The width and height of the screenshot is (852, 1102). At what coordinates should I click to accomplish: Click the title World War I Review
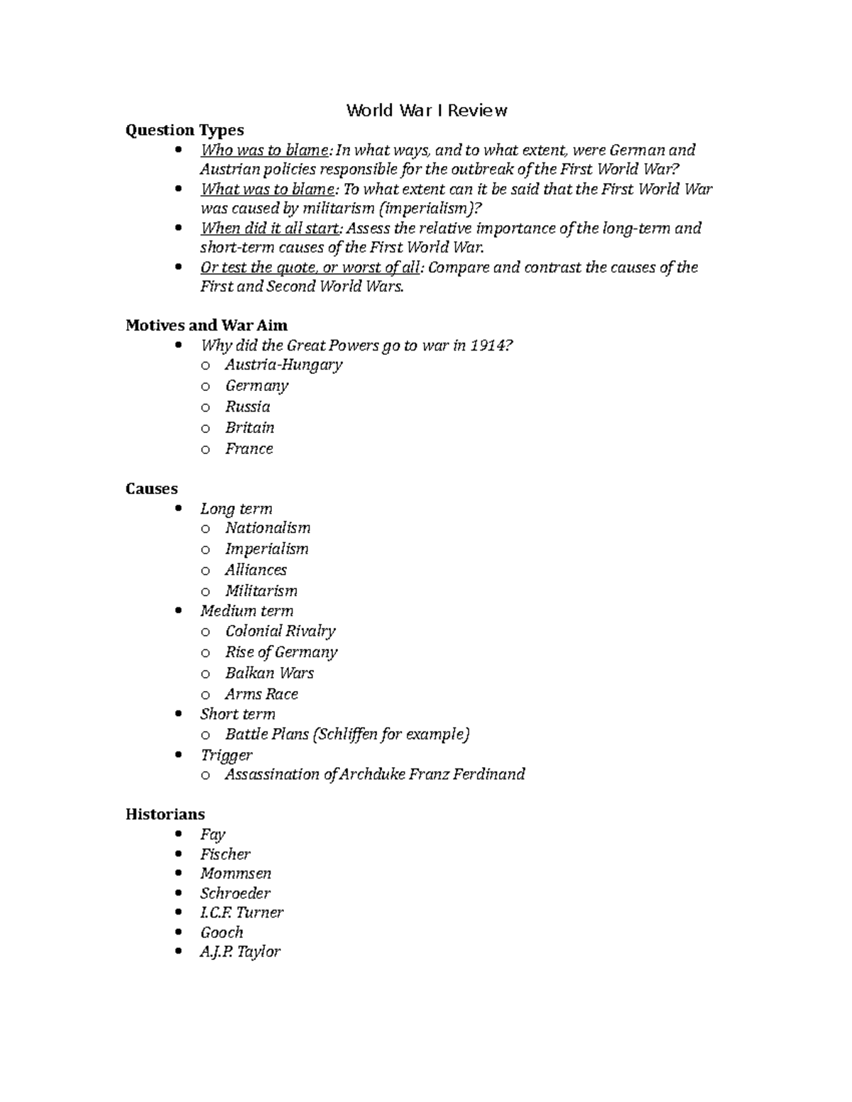click(426, 111)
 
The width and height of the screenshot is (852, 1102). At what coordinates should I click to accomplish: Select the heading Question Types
click(185, 130)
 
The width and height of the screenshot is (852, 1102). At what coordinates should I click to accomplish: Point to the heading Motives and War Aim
click(207, 326)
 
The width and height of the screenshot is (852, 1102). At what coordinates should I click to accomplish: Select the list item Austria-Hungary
click(283, 365)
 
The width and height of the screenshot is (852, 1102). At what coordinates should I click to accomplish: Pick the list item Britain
click(249, 428)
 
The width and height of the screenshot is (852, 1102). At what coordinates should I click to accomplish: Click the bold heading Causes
click(151, 489)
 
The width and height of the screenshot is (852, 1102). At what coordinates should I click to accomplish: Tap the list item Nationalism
click(268, 528)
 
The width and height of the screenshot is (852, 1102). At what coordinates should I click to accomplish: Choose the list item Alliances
click(256, 570)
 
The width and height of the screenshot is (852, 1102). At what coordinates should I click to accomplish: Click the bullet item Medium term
click(246, 611)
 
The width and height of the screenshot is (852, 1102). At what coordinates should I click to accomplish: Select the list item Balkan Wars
click(269, 673)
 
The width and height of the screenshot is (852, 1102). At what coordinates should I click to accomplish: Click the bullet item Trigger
click(226, 755)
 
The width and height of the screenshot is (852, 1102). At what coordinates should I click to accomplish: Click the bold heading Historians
click(165, 814)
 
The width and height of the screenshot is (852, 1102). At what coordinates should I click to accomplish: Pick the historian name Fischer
click(225, 854)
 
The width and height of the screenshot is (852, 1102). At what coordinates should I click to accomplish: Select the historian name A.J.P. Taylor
click(240, 952)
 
